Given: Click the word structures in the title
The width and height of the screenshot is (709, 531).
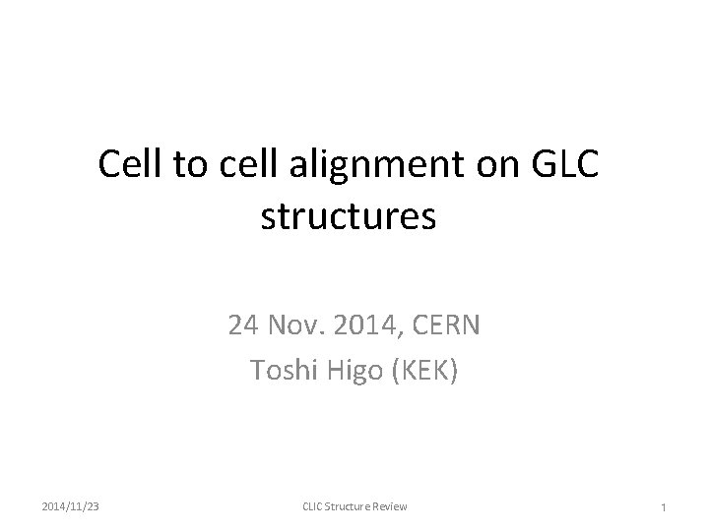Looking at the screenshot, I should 348,216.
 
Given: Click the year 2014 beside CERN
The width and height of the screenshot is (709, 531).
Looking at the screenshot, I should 370,324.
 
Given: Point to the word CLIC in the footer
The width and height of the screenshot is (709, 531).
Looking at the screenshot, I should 313,505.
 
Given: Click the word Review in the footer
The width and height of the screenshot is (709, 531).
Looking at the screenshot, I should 391,505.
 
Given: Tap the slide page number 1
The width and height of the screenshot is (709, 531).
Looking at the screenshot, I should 666,506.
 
